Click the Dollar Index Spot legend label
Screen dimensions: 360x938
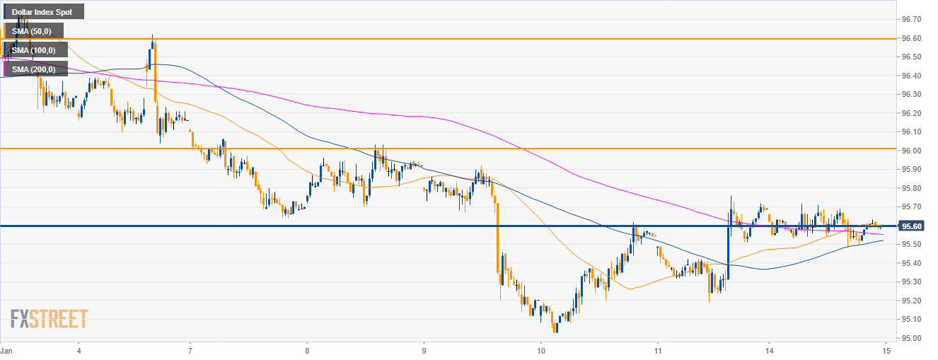(x=42, y=12)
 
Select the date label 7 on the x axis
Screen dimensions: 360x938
(x=191, y=350)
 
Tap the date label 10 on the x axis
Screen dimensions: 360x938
(x=540, y=350)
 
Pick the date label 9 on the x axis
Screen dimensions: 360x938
(x=424, y=350)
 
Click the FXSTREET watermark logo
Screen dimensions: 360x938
(x=49, y=318)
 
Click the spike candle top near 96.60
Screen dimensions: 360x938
(x=152, y=37)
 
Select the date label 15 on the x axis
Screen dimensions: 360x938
(x=886, y=350)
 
